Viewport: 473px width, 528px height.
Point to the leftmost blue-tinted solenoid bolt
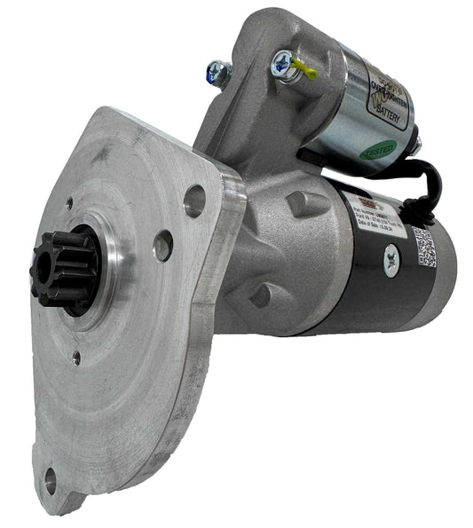tap(216, 71)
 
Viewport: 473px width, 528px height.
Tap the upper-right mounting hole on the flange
tap(194, 201)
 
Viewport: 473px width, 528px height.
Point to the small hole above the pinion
tap(68, 203)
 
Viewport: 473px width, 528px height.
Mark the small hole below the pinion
tap(76, 358)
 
